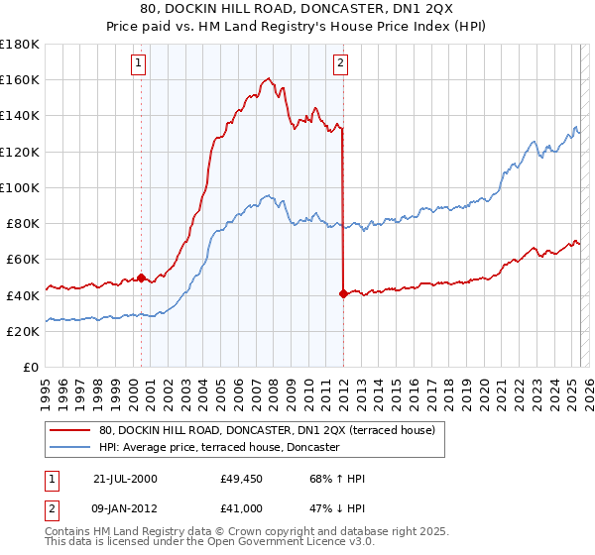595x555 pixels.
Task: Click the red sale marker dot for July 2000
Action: [x=141, y=277]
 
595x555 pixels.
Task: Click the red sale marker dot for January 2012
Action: [x=343, y=293]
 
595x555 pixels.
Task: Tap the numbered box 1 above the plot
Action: [x=138, y=64]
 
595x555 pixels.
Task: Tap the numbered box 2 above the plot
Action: [x=340, y=64]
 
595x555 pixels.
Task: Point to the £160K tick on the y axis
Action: [x=20, y=79]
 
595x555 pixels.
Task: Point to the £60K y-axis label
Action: [x=23, y=259]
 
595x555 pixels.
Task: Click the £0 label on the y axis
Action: [x=31, y=367]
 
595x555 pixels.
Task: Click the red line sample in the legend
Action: [x=71, y=430]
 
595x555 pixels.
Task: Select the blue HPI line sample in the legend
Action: [x=71, y=447]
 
